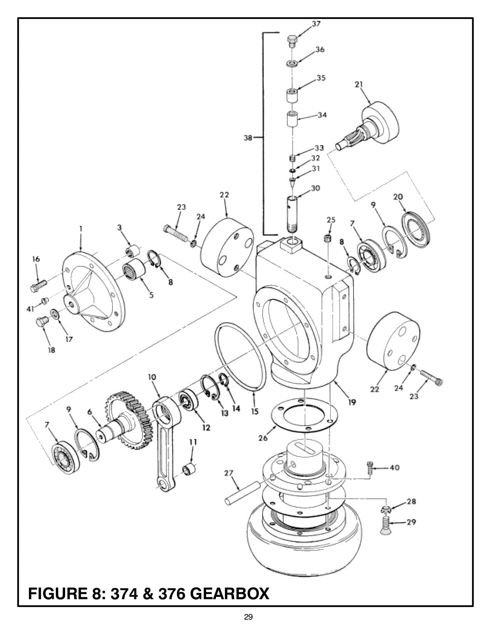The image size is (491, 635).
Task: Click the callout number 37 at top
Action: (316, 24)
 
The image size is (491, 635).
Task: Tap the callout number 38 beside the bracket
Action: (248, 137)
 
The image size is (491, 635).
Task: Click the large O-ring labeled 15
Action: (241, 358)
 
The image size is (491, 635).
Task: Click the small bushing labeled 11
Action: (189, 470)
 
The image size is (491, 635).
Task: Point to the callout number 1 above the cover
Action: (80, 229)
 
